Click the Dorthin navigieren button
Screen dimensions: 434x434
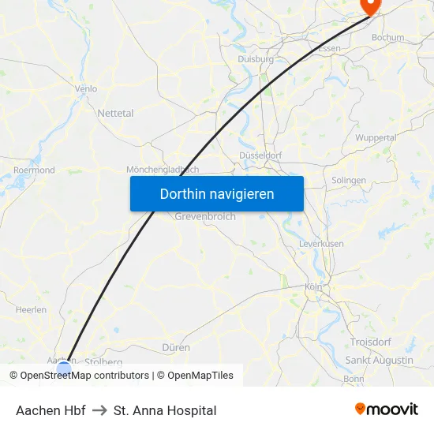pyautogui.click(x=216, y=193)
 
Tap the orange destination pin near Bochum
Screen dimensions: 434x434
pyautogui.click(x=369, y=5)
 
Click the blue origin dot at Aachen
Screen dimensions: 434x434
pyautogui.click(x=64, y=369)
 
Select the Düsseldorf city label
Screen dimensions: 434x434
pyautogui.click(x=260, y=155)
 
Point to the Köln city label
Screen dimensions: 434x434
pyautogui.click(x=313, y=286)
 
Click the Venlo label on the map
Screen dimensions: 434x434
pyautogui.click(x=85, y=89)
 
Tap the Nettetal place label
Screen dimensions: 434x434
pyautogui.click(x=115, y=113)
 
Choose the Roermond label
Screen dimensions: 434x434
pyautogui.click(x=34, y=170)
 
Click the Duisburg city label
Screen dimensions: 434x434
pyautogui.click(x=255, y=58)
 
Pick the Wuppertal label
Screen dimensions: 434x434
pyautogui.click(x=376, y=137)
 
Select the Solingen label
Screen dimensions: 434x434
pyautogui.click(x=349, y=180)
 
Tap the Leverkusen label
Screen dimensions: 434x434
pyautogui.click(x=321, y=244)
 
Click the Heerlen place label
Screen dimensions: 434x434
pyautogui.click(x=31, y=310)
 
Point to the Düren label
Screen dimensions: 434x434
pyautogui.click(x=175, y=346)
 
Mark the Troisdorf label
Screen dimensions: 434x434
pyautogui.click(x=370, y=341)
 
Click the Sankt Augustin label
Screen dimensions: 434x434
pyautogui.click(x=379, y=360)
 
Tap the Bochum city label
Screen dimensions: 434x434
pyautogui.click(x=387, y=37)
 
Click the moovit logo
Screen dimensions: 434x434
pyautogui.click(x=387, y=409)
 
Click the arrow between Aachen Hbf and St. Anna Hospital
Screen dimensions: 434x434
pyautogui.click(x=99, y=410)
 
